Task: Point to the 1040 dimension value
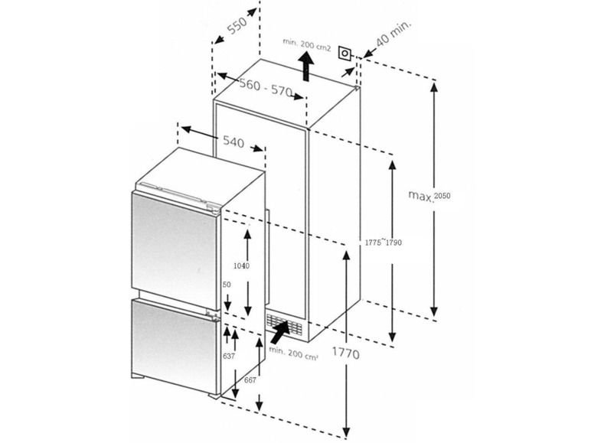tap(240, 265)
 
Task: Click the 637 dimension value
tap(228, 356)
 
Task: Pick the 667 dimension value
tap(250, 379)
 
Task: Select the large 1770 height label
tap(345, 355)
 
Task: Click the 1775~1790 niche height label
tap(384, 243)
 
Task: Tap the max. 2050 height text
tap(429, 197)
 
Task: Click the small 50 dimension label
tap(227, 285)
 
